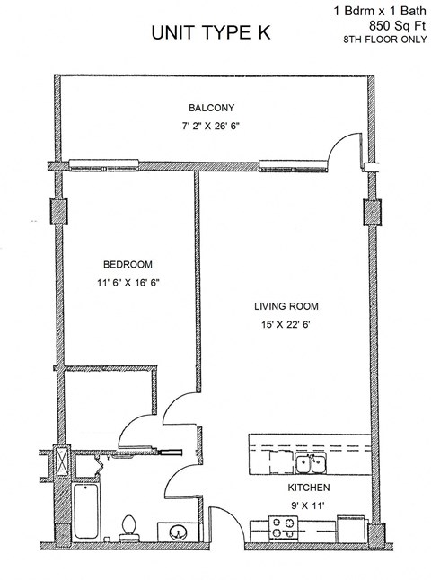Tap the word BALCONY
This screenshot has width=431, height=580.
[x=211, y=108]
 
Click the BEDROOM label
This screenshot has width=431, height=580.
[x=127, y=264]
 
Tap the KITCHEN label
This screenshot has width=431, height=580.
[x=309, y=488]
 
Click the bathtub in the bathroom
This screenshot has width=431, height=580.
[x=88, y=514]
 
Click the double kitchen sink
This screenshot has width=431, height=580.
[x=311, y=463]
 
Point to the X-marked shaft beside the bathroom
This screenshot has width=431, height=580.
[x=60, y=462]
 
